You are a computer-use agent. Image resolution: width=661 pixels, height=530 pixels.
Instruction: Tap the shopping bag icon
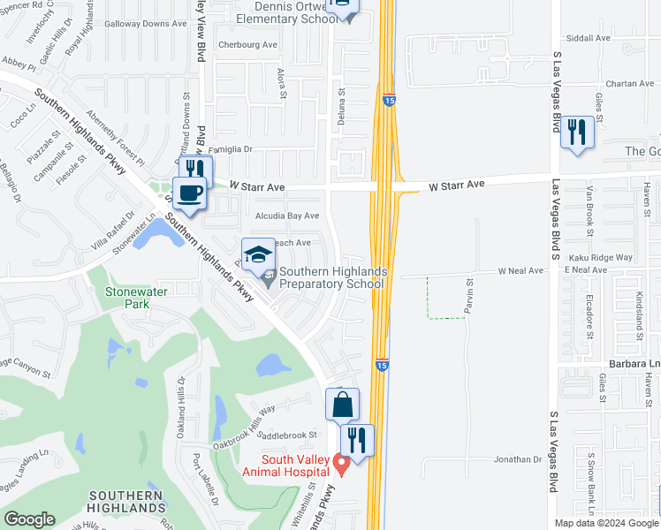click(342, 405)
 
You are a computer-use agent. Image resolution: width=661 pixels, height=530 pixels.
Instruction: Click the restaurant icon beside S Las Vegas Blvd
click(577, 132)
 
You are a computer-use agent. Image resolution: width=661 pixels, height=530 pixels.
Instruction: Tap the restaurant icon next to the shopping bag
click(357, 439)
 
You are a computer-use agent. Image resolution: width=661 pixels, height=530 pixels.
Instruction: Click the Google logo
click(29, 519)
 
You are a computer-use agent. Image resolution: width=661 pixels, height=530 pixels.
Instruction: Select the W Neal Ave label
click(520, 270)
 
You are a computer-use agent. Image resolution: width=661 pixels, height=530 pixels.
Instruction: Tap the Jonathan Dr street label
click(517, 459)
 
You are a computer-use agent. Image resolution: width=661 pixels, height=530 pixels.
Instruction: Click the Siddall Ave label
click(590, 38)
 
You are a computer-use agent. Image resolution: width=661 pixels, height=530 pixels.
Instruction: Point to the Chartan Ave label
click(605, 84)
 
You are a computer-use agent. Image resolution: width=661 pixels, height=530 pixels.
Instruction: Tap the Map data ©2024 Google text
click(606, 522)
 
